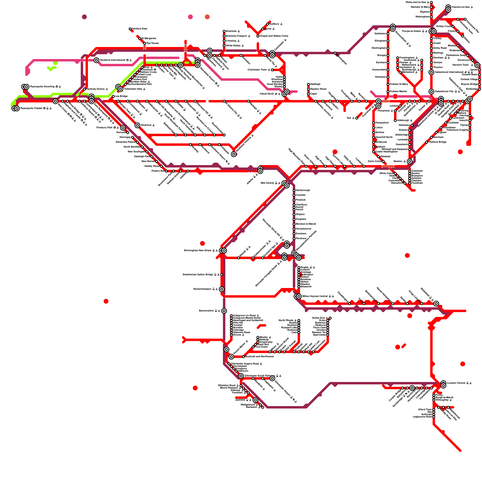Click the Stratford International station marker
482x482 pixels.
pyautogui.click(x=96, y=60)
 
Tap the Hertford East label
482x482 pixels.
pyautogui.click(x=139, y=29)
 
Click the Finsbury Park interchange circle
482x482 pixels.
pyautogui.click(x=123, y=128)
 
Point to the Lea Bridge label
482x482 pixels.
pyautogui.click(x=121, y=96)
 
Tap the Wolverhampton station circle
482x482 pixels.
pyautogui.click(x=222, y=289)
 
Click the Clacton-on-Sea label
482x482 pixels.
pyautogui.click(x=461, y=7)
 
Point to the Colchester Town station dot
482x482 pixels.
pyautogui.click(x=272, y=70)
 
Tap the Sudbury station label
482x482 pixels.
pyautogui.click(x=274, y=24)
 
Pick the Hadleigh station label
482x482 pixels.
pyautogui.click(x=315, y=84)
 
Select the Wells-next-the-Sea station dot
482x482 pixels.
pyautogui.click(x=431, y=2)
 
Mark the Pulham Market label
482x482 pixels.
pyautogui.click(x=398, y=91)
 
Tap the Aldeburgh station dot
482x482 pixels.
pyautogui.click(x=395, y=120)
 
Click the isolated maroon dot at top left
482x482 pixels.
pyautogui.click(x=84, y=17)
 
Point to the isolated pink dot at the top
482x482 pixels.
pyautogui.click(x=190, y=17)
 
